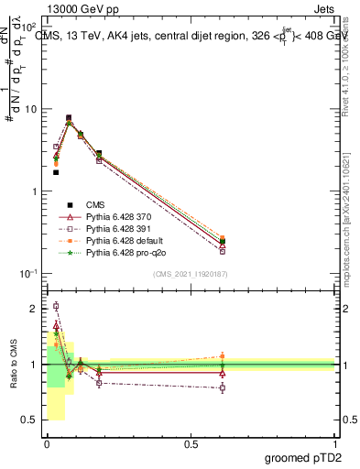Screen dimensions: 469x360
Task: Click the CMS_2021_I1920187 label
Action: click(190, 274)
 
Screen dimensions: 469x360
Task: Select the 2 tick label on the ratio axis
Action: click(33, 309)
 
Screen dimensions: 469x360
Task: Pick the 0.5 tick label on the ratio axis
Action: click(29, 420)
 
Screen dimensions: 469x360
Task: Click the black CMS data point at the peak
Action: click(69, 117)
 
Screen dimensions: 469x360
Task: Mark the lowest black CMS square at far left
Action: click(56, 172)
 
